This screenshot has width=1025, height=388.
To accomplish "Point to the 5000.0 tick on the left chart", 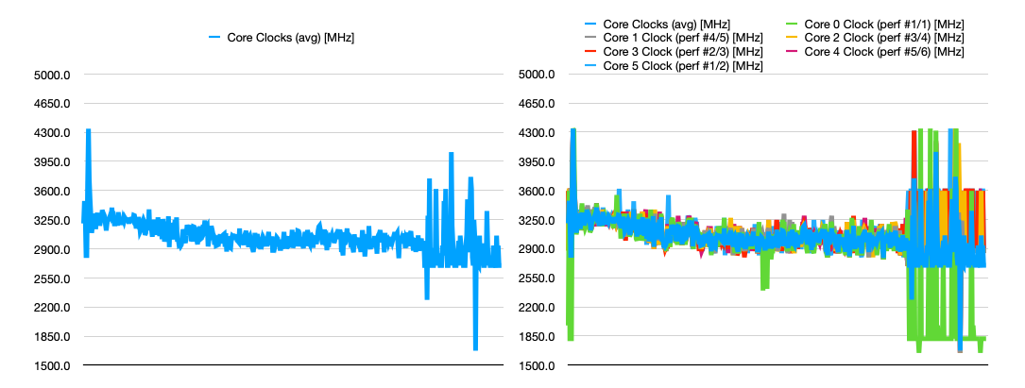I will pyautogui.click(x=53, y=75).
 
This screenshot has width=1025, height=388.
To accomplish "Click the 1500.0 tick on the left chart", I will pyautogui.click(x=53, y=366).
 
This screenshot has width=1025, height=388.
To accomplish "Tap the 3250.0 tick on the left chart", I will pyautogui.click(x=53, y=221).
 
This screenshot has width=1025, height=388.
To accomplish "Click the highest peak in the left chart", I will pyautogui.click(x=89, y=132).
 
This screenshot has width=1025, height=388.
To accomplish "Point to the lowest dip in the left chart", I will pyautogui.click(x=475, y=347).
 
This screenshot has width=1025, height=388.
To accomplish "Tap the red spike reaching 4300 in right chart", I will pyautogui.click(x=914, y=134).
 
